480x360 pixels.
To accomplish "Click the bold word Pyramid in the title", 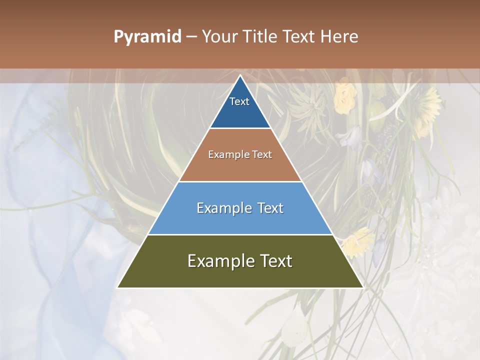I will (147, 36).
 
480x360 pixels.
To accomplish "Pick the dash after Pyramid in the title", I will (191, 36).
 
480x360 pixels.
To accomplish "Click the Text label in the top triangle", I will (239, 101).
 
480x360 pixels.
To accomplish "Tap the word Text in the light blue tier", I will (270, 208).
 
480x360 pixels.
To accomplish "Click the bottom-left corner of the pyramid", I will (118, 287).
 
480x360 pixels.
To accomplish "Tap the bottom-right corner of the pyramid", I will (362, 287).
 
